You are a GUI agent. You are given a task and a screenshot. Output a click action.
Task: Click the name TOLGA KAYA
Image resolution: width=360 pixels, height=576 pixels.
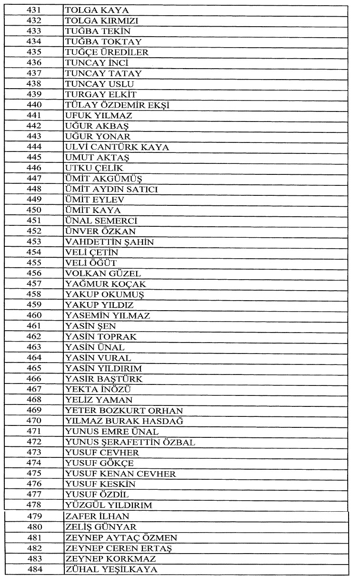pyautogui.click(x=91, y=10)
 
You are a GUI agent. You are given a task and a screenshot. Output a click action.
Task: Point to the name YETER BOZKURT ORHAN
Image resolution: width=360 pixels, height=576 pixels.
pyautogui.click(x=124, y=410)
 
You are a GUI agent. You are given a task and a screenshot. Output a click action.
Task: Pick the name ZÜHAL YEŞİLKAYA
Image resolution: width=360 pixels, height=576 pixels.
pyautogui.click(x=111, y=569)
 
